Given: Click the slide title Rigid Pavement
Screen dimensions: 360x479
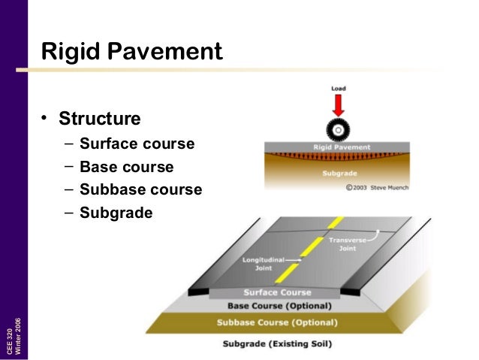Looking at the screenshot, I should coord(131,52).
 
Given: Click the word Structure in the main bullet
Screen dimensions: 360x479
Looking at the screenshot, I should coord(100,119).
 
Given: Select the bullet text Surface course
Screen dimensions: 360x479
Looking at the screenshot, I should coord(137,144).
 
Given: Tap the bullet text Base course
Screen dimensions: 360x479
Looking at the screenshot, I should coord(126,167).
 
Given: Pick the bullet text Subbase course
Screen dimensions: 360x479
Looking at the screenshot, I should coord(140,189).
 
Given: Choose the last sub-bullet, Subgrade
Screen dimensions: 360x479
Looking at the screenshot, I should coord(116,213).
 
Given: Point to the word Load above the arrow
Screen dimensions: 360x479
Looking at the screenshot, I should coord(339,89).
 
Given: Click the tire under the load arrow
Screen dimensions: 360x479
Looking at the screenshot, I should coord(339,129).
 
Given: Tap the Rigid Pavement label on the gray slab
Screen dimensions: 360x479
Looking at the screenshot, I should coord(337,147).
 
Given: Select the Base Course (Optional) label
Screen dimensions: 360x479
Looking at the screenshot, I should coord(279,307).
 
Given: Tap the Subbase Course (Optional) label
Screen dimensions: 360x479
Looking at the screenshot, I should coord(277,323).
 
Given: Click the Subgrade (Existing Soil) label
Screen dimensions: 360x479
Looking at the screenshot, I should coord(276,345).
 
